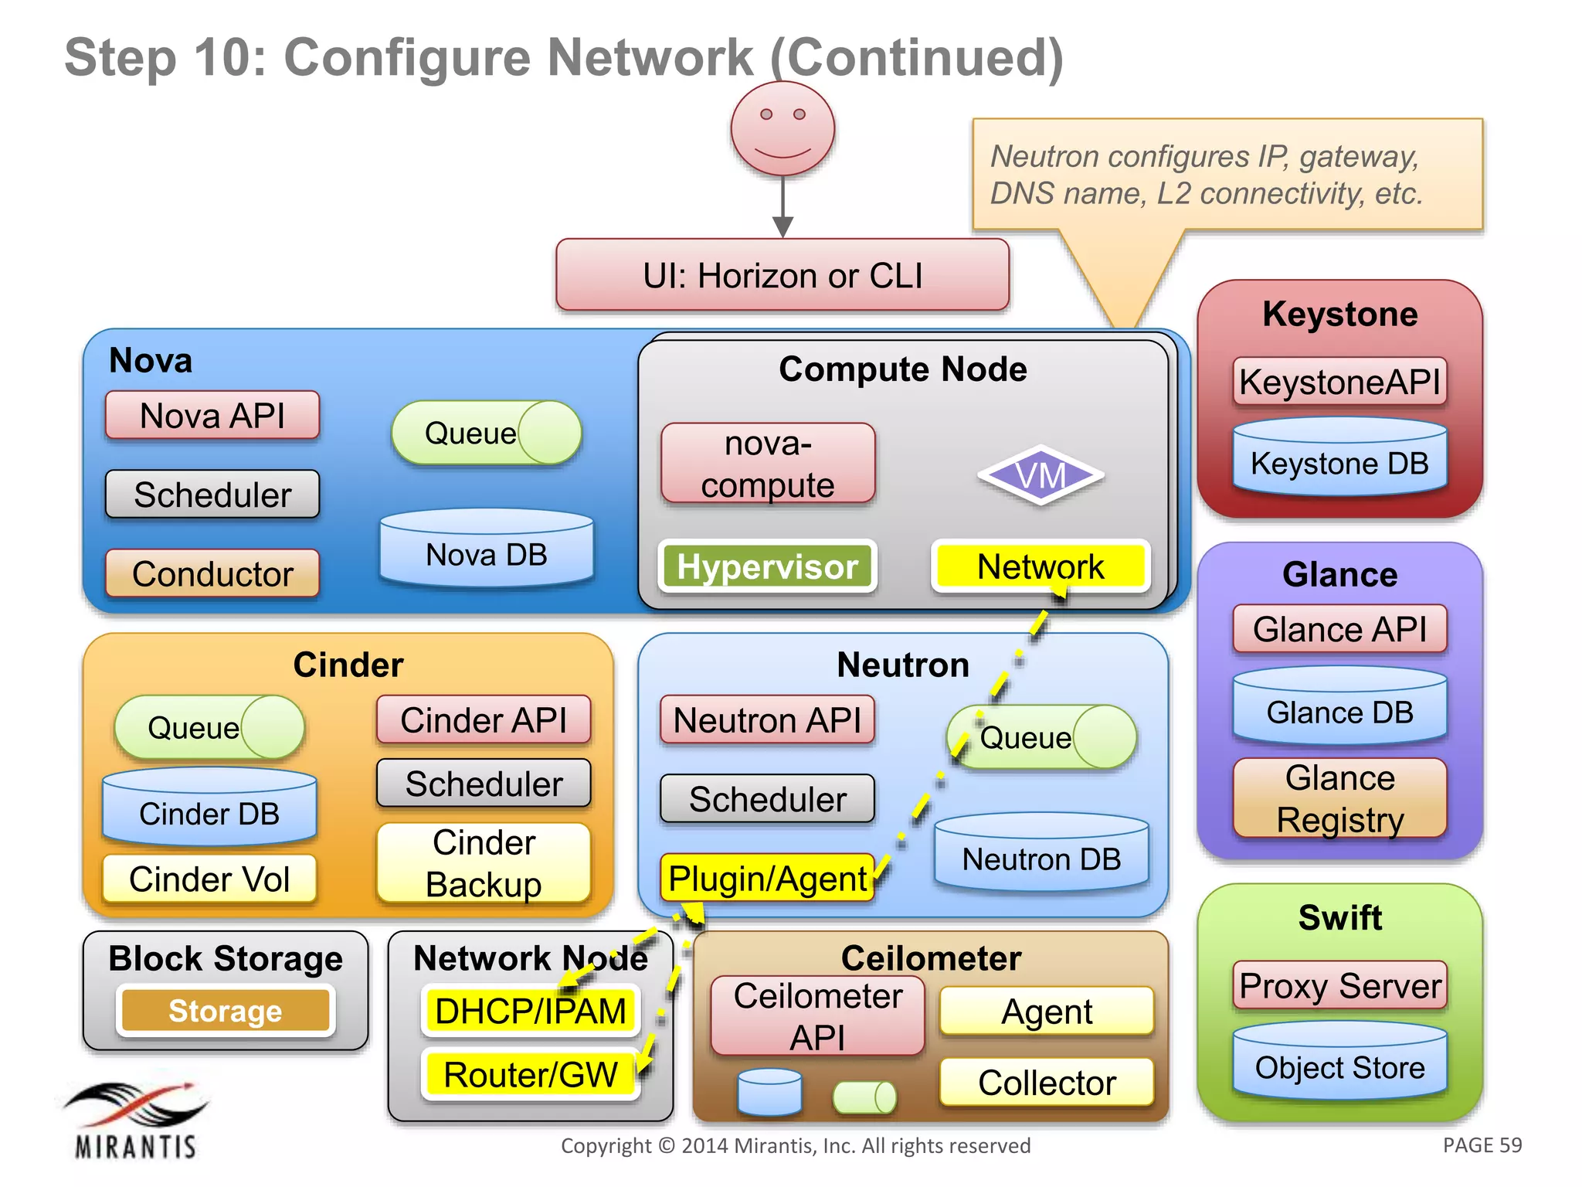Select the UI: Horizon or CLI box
pyautogui.click(x=783, y=275)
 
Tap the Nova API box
pyautogui.click(x=212, y=416)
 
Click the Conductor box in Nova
pyautogui.click(x=212, y=573)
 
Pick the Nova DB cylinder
pyautogui.click(x=487, y=550)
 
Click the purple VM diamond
pyautogui.click(x=1041, y=475)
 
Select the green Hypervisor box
pyautogui.click(x=767, y=566)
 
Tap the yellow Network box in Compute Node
pyautogui.click(x=1041, y=566)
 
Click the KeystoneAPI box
pyautogui.click(x=1339, y=382)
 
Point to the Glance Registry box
pyautogui.click(x=1339, y=798)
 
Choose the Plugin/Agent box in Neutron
pyautogui.click(x=767, y=878)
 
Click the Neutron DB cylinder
pyautogui.click(x=1041, y=854)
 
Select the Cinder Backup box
pyautogui.click(x=484, y=862)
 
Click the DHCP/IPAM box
pyautogui.click(x=531, y=1011)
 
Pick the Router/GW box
pyautogui.click(x=531, y=1074)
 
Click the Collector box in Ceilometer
pyautogui.click(x=1047, y=1082)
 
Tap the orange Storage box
pyautogui.click(x=226, y=1010)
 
